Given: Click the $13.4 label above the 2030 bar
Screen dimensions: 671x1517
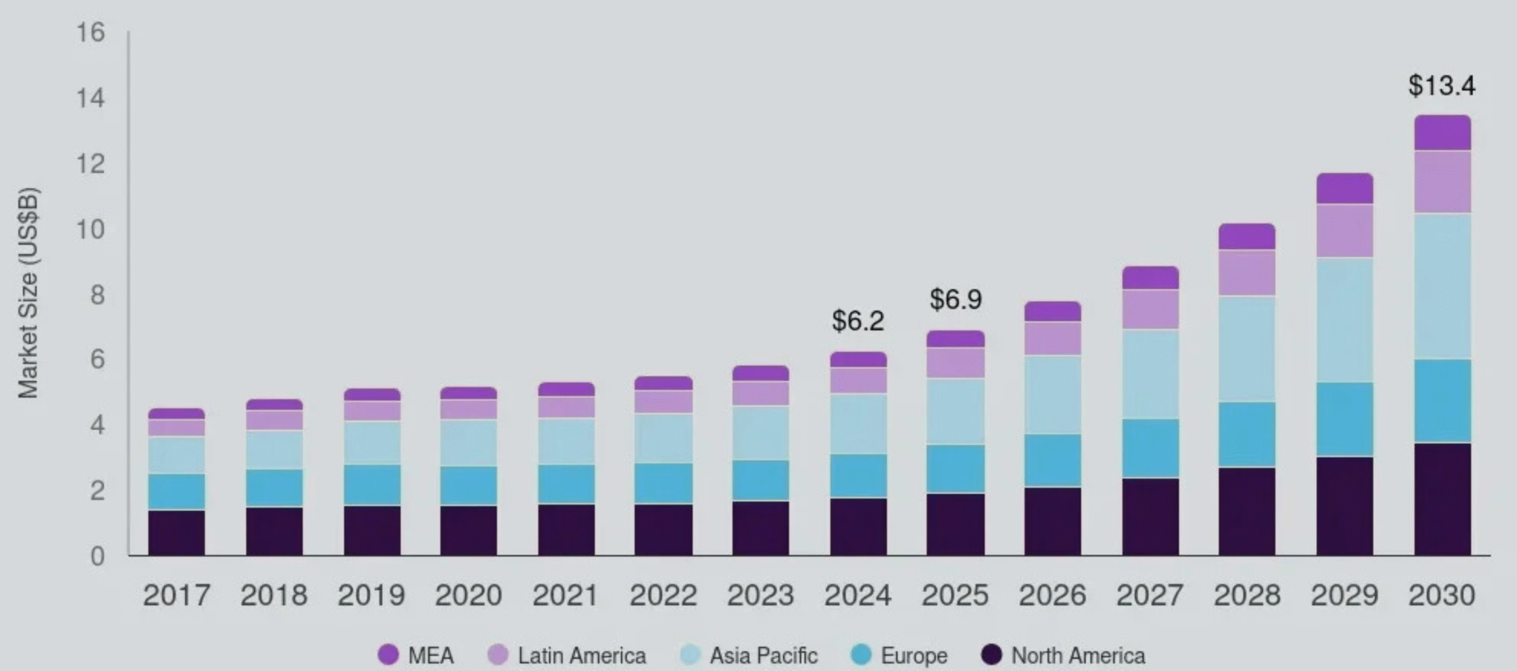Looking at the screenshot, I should [1442, 86].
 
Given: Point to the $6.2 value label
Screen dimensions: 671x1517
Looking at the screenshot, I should [857, 321].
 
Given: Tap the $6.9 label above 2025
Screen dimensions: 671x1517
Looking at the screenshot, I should [955, 299].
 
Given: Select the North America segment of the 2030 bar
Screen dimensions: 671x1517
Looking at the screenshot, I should [1442, 499].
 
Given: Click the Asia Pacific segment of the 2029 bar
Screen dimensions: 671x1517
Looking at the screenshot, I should [1345, 320].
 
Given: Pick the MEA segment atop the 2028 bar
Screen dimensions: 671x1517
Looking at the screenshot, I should [1247, 237].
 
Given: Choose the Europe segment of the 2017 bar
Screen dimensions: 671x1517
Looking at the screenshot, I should [177, 491].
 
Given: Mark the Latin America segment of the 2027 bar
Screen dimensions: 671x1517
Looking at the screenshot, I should [1150, 309].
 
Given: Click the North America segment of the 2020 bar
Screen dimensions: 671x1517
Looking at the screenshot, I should [468, 531].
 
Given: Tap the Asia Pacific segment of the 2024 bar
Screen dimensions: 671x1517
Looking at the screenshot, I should [858, 424].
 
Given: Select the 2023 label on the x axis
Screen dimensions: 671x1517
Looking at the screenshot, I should [760, 596].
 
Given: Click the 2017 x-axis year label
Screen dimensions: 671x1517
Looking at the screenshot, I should [177, 596].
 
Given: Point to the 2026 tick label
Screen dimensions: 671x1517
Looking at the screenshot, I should [1052, 596].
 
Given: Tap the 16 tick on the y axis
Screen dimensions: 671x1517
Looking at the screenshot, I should [91, 33].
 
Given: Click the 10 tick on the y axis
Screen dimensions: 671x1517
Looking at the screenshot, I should [91, 229].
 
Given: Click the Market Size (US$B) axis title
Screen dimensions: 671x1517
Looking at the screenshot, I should [28, 293].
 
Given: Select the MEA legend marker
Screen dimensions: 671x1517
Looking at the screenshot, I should [388, 655].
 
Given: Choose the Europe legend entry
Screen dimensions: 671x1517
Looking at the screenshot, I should [899, 656].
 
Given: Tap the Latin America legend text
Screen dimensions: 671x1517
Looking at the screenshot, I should [581, 656].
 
